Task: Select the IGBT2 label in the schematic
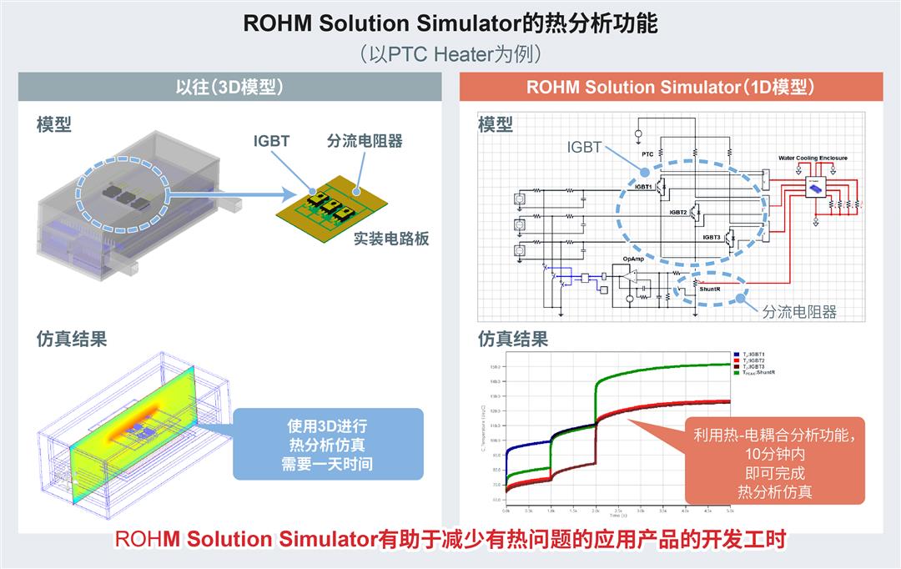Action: [x=677, y=213]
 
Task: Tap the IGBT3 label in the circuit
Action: [x=711, y=237]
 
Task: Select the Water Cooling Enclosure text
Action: [x=812, y=157]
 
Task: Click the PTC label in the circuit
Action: [x=647, y=154]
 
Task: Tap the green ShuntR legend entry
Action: [x=755, y=372]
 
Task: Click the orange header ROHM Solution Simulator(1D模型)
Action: [x=671, y=87]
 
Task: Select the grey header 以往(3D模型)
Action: [x=230, y=87]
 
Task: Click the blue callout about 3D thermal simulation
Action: [x=327, y=444]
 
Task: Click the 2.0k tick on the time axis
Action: [x=595, y=510]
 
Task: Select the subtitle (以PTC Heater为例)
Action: [x=450, y=54]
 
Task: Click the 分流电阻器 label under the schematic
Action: [x=798, y=311]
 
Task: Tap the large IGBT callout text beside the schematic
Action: [x=584, y=147]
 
